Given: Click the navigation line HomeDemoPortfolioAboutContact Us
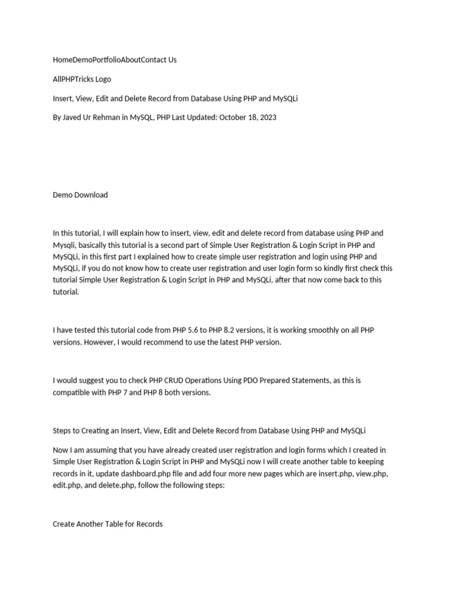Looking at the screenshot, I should (114, 60).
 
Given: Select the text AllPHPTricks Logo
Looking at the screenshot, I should (81, 79).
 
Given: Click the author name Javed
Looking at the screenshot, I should (74, 117).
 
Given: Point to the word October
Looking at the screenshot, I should (233, 117).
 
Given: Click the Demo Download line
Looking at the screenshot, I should (80, 195).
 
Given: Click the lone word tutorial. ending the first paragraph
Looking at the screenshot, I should (66, 292).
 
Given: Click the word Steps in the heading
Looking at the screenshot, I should (63, 431).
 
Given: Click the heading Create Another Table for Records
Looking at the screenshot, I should (108, 524).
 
